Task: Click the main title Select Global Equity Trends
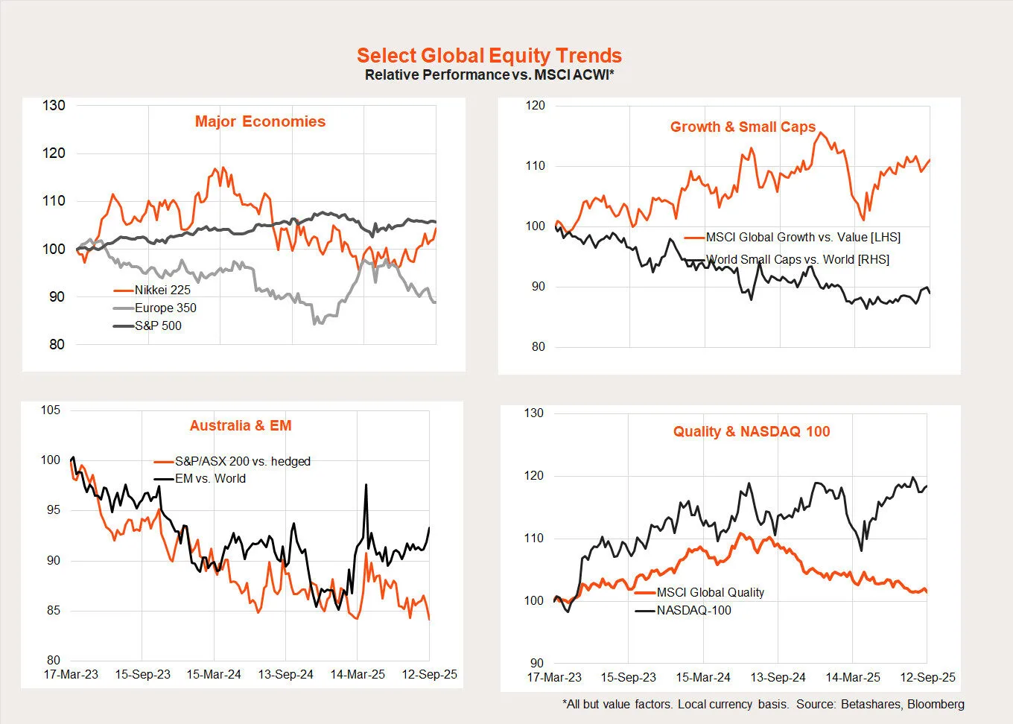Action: [489, 56]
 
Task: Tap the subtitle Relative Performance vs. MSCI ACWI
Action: [489, 74]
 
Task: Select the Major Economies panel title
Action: [260, 121]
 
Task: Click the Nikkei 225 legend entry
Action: [162, 290]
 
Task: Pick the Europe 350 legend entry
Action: [165, 308]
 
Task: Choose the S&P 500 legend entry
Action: [158, 326]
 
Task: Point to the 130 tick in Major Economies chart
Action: [54, 105]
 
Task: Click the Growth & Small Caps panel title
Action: [743, 127]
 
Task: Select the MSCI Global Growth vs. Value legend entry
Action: [803, 237]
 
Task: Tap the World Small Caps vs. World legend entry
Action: [797, 259]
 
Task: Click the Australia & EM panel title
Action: [241, 425]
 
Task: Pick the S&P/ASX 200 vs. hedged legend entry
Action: [242, 461]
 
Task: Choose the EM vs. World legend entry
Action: [210, 478]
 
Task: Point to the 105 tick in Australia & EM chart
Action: [51, 410]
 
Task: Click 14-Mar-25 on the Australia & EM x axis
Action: [358, 674]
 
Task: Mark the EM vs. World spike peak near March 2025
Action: [366, 485]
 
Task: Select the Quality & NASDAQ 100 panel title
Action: [751, 431]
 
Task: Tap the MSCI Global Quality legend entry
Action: [710, 592]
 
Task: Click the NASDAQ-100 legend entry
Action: [693, 610]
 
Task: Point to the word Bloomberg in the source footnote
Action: [936, 704]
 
